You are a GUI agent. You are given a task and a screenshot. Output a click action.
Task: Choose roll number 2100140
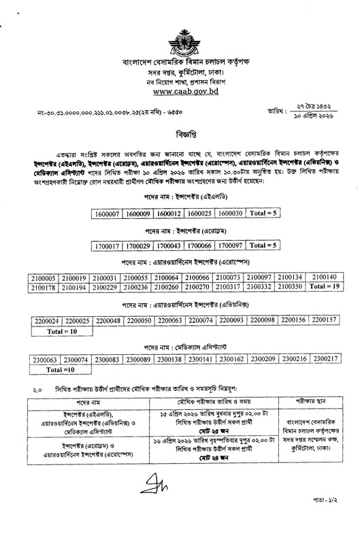tap(323, 278)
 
